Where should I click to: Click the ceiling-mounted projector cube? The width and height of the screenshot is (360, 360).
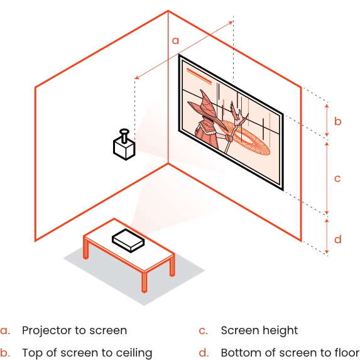tap(124, 148)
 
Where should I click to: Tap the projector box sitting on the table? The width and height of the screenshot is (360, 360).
tap(128, 241)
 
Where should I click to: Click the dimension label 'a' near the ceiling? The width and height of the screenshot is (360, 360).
tap(175, 41)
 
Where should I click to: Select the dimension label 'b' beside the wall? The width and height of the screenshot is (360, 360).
tap(338, 121)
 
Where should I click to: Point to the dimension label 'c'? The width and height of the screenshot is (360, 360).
tap(337, 178)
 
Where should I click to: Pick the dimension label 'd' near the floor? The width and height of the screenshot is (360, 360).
tap(338, 239)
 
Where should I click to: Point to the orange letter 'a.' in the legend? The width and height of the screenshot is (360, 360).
tap(5, 331)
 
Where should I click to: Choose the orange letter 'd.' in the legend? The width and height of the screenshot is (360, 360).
tap(204, 352)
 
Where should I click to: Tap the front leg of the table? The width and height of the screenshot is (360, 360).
tap(144, 282)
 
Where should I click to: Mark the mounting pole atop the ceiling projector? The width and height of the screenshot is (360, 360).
tap(124, 136)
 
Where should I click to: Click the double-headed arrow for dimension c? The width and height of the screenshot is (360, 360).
tap(327, 178)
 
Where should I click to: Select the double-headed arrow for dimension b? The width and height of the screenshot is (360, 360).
tap(327, 120)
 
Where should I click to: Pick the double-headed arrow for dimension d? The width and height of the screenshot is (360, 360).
tap(327, 236)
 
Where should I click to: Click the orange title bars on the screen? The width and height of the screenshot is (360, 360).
tap(199, 76)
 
